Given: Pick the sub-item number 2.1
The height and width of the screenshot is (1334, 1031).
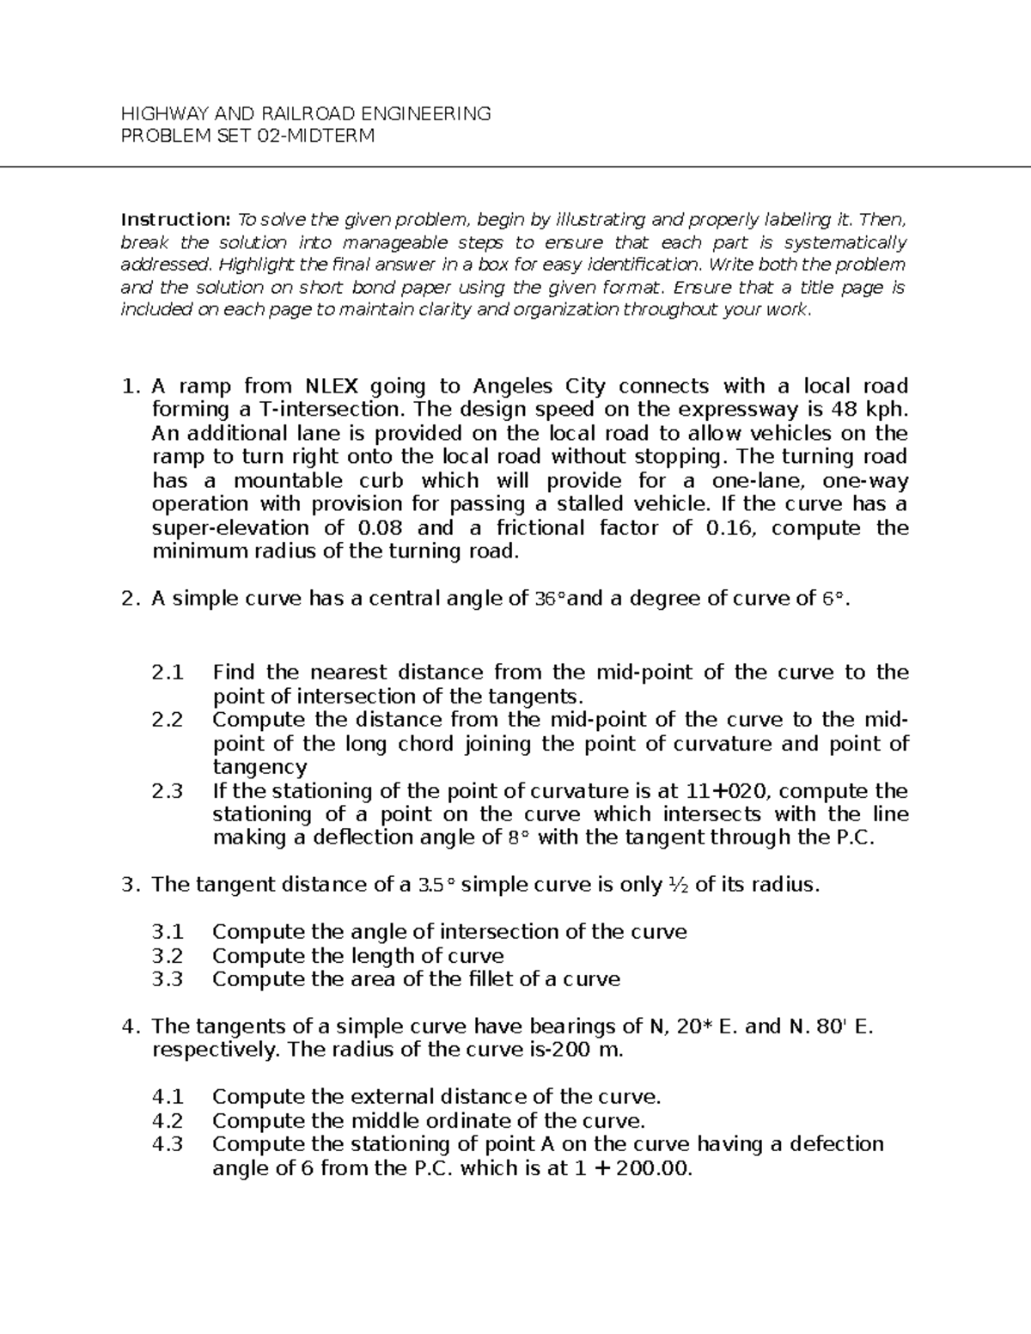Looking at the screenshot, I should (x=168, y=672).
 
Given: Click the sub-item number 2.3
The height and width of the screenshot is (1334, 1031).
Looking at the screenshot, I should (x=168, y=790).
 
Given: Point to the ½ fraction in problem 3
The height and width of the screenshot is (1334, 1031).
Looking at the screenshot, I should (x=677, y=884).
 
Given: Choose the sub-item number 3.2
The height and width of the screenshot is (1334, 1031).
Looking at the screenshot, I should (x=168, y=955).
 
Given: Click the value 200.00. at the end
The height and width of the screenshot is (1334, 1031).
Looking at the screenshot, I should (x=652, y=1168).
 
